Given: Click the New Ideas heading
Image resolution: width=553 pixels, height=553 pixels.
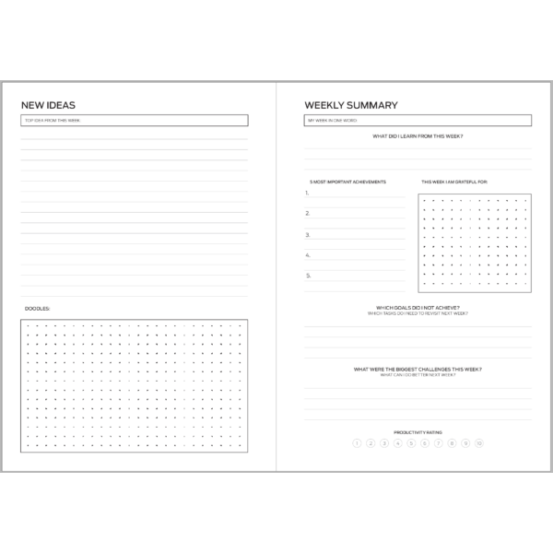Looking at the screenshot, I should click(48, 105).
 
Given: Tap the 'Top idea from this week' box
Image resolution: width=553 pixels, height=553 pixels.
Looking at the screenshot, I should click(135, 121).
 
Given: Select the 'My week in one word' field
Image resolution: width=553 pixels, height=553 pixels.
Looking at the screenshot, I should click(418, 121).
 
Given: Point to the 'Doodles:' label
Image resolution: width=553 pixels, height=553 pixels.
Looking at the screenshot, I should click(37, 308).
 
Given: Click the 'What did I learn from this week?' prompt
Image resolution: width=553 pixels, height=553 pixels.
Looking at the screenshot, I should click(418, 136).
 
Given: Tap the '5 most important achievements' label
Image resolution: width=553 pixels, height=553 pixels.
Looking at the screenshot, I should click(347, 182).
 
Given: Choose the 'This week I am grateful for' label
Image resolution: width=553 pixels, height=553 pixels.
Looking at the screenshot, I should click(454, 182).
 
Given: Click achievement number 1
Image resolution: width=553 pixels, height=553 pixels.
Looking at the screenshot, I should click(308, 194).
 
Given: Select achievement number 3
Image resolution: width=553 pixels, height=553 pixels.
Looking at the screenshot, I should click(308, 234).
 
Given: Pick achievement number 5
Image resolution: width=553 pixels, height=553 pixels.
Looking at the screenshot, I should click(308, 275).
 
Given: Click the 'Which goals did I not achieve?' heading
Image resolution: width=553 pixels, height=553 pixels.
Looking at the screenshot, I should click(418, 308).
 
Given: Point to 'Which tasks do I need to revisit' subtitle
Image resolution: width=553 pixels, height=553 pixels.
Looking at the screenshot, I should click(418, 313).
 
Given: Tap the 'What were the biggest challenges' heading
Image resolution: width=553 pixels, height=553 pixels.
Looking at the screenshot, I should click(418, 370).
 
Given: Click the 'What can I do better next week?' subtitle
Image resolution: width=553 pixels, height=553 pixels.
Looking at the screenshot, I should click(418, 375).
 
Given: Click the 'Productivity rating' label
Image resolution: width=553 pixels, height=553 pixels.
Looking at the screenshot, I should click(418, 431).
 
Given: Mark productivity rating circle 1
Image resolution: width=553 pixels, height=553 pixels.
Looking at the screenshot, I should click(357, 443).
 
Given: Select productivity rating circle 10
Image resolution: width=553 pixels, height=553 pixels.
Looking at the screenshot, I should click(479, 443).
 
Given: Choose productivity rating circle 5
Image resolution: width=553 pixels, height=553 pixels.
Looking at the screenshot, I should click(411, 443).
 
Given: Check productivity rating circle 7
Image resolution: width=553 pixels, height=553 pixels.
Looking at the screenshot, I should click(439, 443).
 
